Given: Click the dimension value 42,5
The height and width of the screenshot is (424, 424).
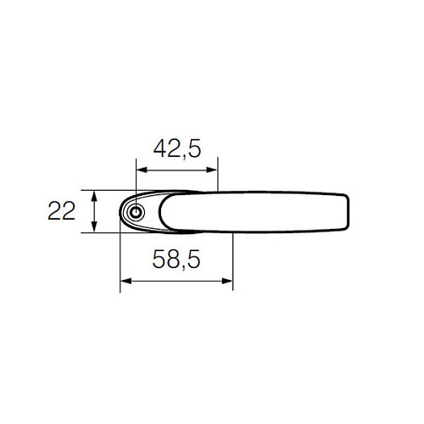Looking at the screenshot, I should pyautogui.click(x=176, y=149).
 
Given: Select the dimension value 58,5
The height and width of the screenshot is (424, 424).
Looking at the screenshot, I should pyautogui.click(x=176, y=260).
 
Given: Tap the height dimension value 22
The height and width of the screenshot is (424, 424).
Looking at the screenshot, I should pyautogui.click(x=62, y=211).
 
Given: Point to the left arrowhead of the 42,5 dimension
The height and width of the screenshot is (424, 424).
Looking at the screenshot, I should pyautogui.click(x=140, y=169).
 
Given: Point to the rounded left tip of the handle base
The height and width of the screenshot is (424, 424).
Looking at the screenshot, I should pyautogui.click(x=121, y=213).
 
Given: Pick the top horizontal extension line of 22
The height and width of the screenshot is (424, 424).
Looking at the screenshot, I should pyautogui.click(x=106, y=190).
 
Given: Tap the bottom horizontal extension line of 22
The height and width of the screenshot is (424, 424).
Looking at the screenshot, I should pyautogui.click(x=106, y=232).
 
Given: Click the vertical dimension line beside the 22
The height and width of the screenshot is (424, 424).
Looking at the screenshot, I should pyautogui.click(x=95, y=211).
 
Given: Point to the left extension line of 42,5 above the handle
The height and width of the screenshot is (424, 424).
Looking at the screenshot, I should pyautogui.click(x=136, y=174).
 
